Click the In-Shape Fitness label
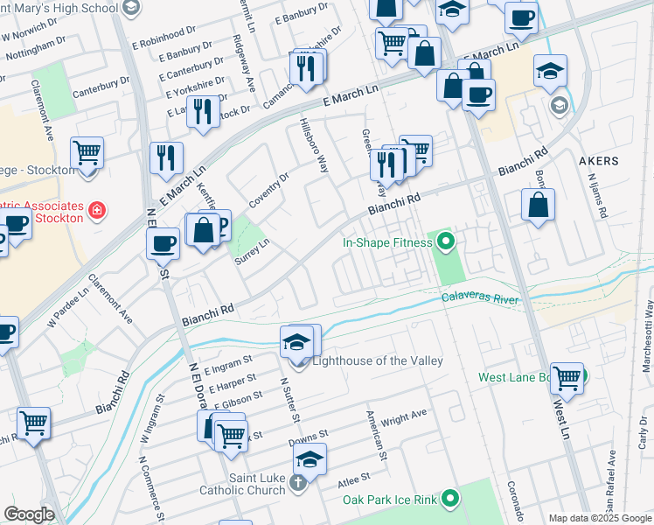pos(386,242)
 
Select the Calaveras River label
pos(480,299)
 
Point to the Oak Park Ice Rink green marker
pos(450,500)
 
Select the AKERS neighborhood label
pos(599,161)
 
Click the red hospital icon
pos(97,211)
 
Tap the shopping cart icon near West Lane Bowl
pos(567,378)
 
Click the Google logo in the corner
pos(29,514)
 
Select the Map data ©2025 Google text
pos(600,518)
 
